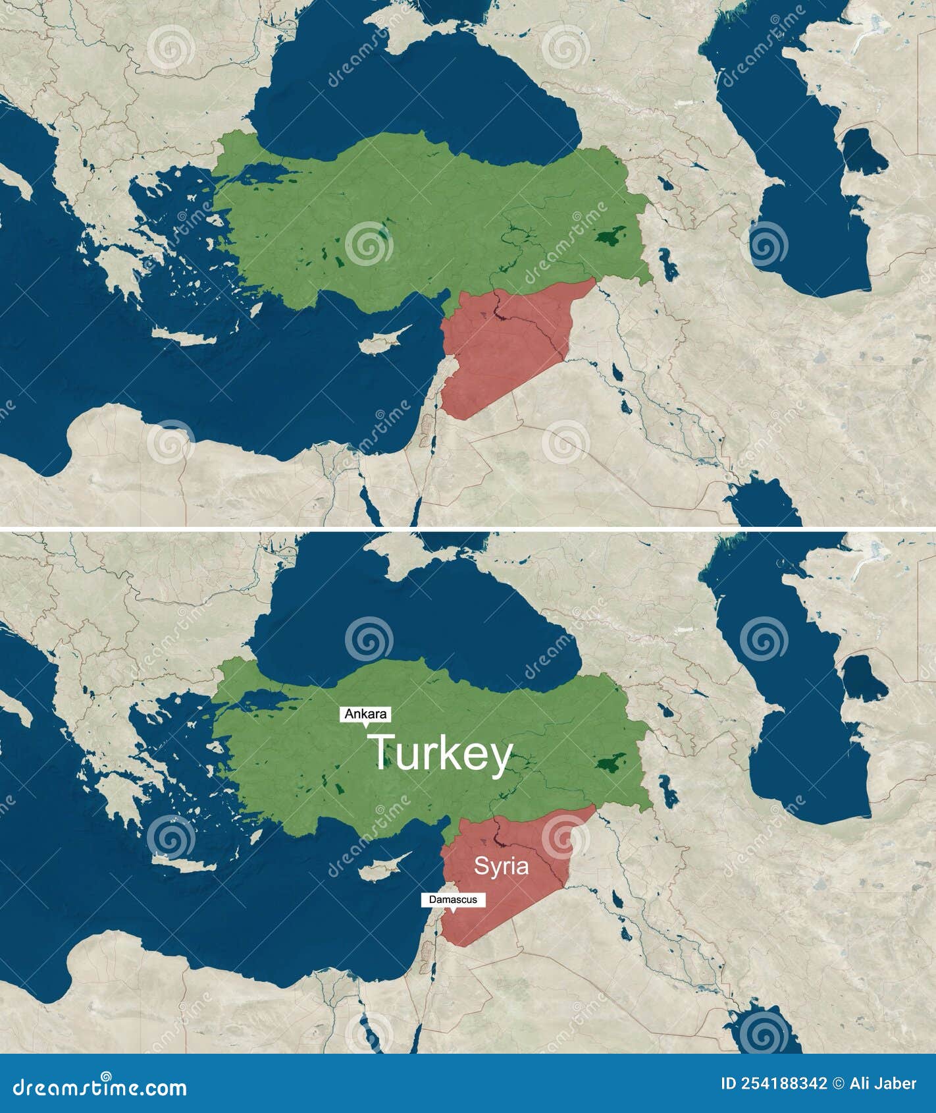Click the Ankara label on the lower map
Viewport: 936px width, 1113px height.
(366, 714)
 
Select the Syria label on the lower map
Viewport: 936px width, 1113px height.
(502, 865)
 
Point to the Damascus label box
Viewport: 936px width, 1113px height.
(453, 900)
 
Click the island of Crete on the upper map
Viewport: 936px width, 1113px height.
(184, 337)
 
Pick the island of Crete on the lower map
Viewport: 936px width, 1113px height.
(184, 864)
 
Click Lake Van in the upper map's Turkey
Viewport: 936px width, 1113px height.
(611, 237)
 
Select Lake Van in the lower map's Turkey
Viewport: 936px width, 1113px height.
(611, 764)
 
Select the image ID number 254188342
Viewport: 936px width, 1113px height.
(783, 1083)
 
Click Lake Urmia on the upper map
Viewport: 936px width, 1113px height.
(669, 263)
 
